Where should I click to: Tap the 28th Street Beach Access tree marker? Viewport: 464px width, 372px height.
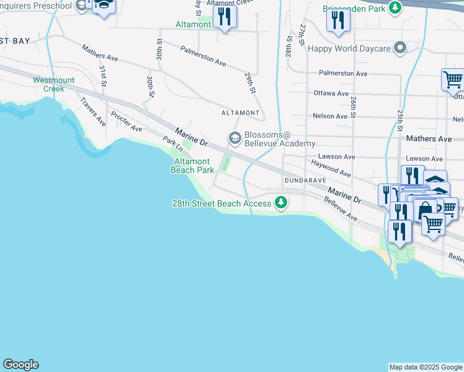[x=282, y=202]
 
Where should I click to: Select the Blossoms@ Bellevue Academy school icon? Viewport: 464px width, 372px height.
[x=234, y=138]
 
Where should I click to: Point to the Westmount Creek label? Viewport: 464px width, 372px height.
[x=54, y=84]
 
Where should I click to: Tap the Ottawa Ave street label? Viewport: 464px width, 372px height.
[x=331, y=94]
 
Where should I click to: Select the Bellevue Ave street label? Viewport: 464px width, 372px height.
[x=341, y=210]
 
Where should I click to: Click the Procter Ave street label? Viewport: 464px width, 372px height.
[x=127, y=121]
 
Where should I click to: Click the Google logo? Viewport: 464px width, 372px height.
[x=20, y=365]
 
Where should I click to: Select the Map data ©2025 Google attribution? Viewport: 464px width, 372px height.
[x=426, y=367]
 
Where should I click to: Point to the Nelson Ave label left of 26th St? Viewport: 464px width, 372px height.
[x=330, y=116]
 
